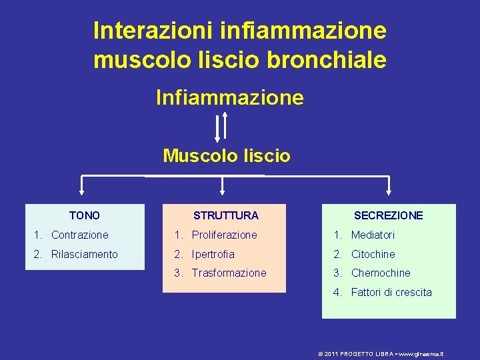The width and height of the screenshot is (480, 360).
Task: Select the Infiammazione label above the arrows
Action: pos(229,98)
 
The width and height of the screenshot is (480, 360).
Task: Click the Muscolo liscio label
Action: pos(227,156)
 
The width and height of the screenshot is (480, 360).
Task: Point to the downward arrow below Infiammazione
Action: pos(217,127)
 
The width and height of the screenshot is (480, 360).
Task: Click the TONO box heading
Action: pos(85,215)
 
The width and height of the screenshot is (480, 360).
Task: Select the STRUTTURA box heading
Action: pos(225,215)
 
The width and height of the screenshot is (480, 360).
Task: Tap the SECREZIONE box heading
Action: pos(388,215)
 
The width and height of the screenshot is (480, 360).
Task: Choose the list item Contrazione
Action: pos(79,235)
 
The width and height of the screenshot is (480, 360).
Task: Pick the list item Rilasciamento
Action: pos(84,254)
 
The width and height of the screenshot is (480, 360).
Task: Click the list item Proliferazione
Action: pos(224,235)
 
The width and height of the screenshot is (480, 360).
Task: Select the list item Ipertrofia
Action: pos(213,254)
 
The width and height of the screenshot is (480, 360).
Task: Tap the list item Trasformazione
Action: pos(229,273)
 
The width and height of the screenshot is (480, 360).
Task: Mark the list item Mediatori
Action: pos(373,235)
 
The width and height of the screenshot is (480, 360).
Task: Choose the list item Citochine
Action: pos(373,254)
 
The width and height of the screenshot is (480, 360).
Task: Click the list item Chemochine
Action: pos(381,273)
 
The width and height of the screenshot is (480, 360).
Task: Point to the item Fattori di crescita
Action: pos(391,292)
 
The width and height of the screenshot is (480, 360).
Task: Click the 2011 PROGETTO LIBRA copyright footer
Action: pos(381,354)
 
